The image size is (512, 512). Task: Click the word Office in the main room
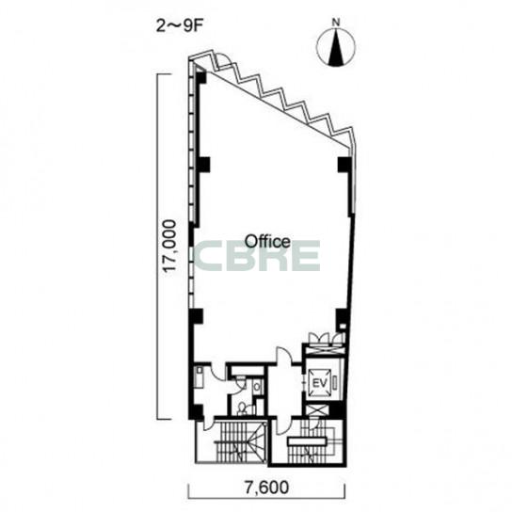(267, 241)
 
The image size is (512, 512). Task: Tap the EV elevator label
(319, 383)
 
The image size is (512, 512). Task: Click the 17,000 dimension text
(170, 247)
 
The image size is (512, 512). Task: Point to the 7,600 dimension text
(266, 488)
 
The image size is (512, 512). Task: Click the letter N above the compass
(336, 23)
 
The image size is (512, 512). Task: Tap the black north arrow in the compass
(336, 47)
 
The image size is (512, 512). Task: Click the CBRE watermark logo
(257, 255)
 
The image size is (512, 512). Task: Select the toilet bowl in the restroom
(243, 408)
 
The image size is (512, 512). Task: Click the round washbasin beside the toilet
(257, 387)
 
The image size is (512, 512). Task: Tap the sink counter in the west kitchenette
(199, 376)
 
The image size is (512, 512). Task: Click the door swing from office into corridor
(285, 355)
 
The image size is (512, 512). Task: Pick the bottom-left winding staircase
(240, 440)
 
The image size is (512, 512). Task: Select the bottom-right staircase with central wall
(308, 440)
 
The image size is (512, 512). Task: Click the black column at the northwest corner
(200, 77)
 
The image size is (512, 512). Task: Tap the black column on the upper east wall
(344, 165)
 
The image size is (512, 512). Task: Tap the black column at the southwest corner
(197, 412)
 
